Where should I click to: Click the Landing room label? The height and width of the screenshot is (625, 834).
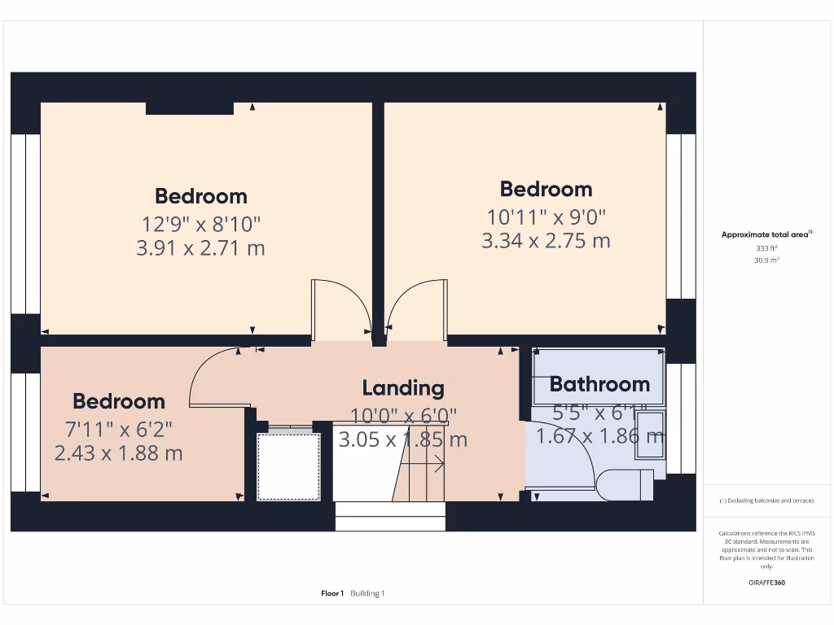click(x=403, y=388)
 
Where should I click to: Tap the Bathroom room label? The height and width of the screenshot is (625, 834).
click(x=599, y=384)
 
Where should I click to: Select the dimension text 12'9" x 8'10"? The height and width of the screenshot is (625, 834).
click(x=200, y=223)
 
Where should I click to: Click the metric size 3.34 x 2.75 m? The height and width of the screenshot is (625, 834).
click(x=546, y=241)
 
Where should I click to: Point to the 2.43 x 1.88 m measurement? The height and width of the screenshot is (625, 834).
click(x=118, y=453)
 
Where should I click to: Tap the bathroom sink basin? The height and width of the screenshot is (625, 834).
click(x=652, y=430)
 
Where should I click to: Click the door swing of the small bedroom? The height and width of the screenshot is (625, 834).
click(x=216, y=378)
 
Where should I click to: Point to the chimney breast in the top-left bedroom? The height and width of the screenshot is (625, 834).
click(x=190, y=108)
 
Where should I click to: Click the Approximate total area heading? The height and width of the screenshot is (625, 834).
click(x=766, y=234)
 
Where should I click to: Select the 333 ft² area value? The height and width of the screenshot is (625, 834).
click(x=766, y=248)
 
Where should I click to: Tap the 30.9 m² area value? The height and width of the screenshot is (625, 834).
click(x=766, y=260)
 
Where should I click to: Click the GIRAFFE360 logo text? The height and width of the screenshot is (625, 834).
click(x=766, y=583)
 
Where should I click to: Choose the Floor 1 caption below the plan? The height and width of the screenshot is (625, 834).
click(x=332, y=593)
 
